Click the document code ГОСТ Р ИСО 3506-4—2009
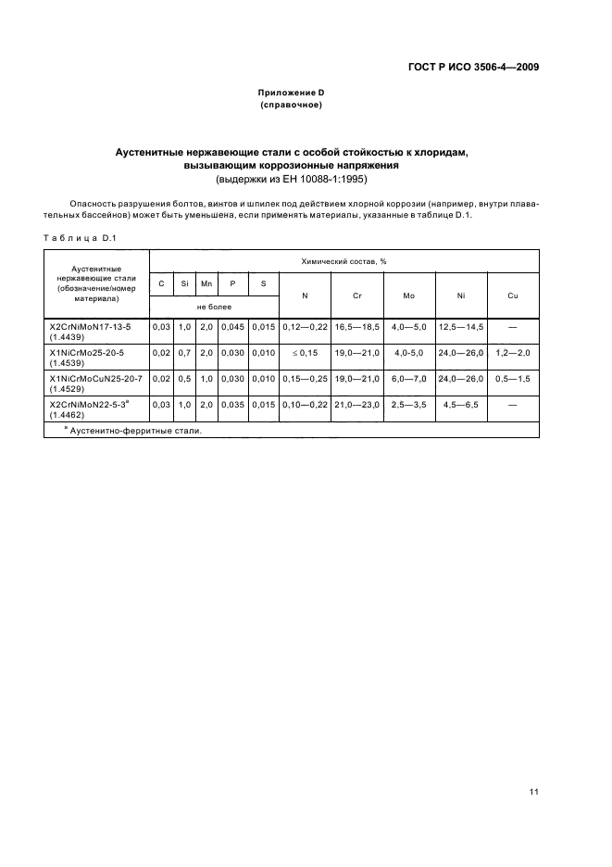coord(473,67)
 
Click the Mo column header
coord(408,295)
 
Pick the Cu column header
coord(512,295)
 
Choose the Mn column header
coord(206,283)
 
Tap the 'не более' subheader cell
coord(214,307)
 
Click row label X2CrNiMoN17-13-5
coord(91,326)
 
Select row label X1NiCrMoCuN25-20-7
coord(96,378)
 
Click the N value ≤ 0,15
coord(306,353)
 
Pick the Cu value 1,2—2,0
coord(512,353)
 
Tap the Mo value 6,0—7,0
coord(408,379)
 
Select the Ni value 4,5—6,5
coord(460,405)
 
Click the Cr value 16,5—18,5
coord(356,327)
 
